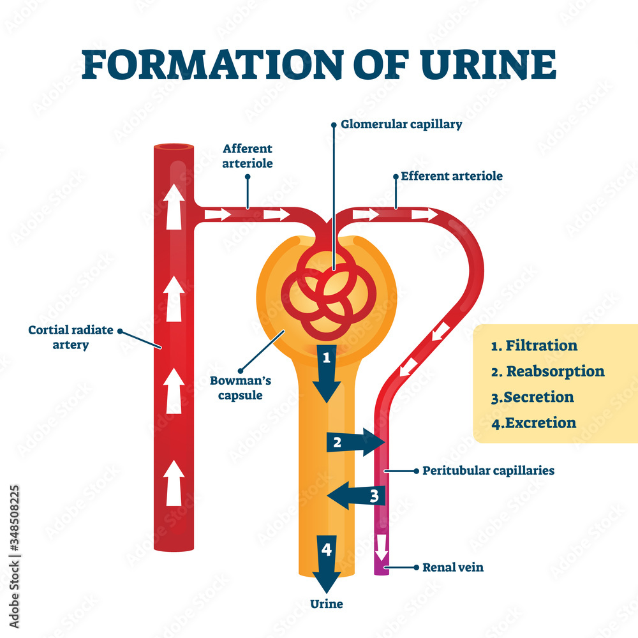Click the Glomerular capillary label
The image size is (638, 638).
click(401, 124)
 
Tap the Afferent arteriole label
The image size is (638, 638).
click(248, 156)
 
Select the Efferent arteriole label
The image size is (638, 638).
click(451, 175)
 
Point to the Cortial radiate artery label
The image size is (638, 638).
click(70, 337)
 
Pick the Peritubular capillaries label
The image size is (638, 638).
click(488, 471)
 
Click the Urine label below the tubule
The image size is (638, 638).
click(326, 604)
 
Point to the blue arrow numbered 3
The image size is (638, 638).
click(356, 495)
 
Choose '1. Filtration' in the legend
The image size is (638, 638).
click(534, 346)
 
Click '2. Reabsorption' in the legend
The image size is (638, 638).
click(547, 371)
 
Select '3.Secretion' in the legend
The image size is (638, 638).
click(532, 397)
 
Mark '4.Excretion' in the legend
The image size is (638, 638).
click(533, 422)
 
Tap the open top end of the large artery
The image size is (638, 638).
click(174, 149)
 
